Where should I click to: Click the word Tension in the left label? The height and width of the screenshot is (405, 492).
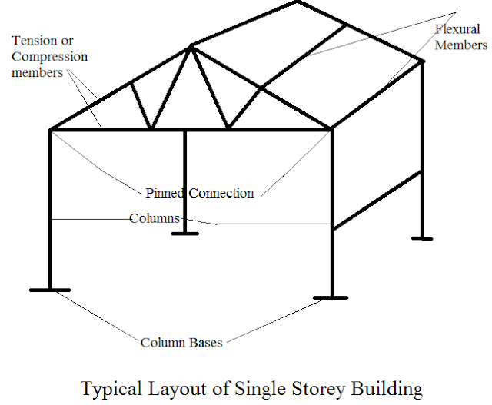(x=32, y=41)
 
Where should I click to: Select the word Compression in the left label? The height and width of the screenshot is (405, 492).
(x=49, y=57)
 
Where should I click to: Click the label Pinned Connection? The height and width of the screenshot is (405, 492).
(x=200, y=193)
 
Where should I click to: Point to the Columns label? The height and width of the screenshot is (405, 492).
(x=154, y=219)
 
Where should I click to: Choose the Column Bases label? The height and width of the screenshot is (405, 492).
(x=181, y=342)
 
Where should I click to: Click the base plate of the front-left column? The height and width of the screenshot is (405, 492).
(x=50, y=290)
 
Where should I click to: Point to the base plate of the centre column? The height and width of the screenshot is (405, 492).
(x=185, y=231)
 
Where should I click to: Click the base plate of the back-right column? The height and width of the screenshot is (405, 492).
(x=422, y=238)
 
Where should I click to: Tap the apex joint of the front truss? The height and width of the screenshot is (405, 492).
(x=192, y=46)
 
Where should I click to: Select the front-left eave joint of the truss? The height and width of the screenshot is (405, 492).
(x=51, y=129)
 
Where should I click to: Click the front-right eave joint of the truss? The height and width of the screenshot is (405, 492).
(x=333, y=129)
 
